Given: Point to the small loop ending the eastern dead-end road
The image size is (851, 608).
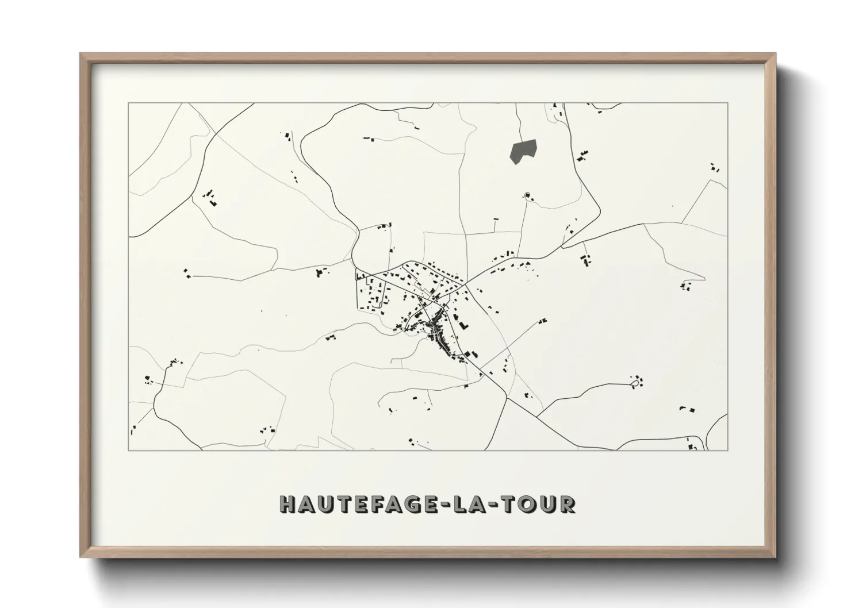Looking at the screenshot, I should coord(635,381).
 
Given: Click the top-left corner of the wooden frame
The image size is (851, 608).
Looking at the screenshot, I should coord(81,55).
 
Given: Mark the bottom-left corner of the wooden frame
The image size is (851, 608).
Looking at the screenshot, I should coord(81,556).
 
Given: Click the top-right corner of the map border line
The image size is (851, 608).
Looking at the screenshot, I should coord(727,103).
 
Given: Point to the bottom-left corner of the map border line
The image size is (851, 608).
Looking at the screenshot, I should coord(128,450).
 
